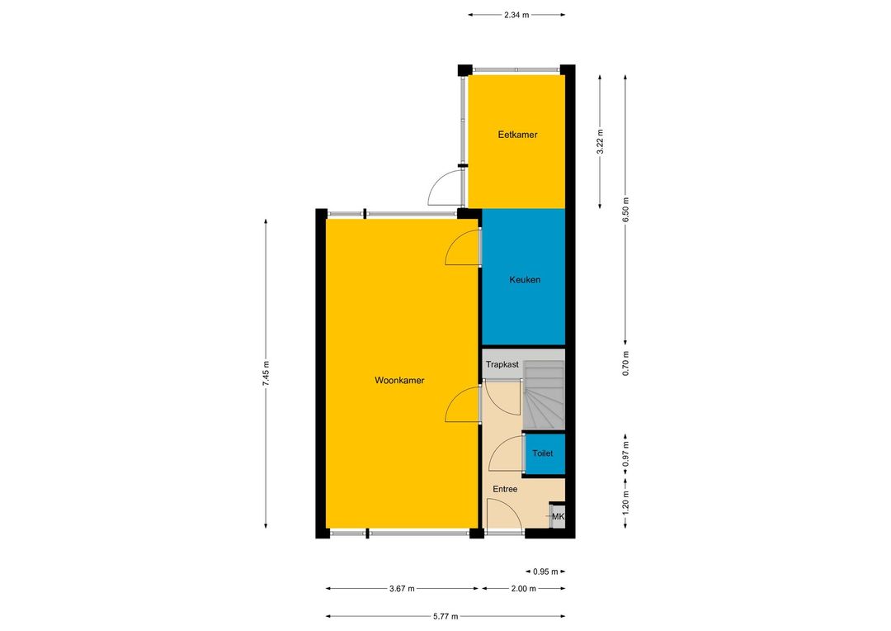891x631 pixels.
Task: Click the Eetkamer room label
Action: [x=517, y=135]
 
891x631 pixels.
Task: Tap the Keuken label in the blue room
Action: [x=525, y=280]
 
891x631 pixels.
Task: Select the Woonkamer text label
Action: [x=399, y=381]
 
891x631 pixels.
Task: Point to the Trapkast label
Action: [x=502, y=365]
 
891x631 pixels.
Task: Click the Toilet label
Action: [x=542, y=453]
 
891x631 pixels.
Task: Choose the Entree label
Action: [x=505, y=489]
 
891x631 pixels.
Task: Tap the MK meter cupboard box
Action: [x=558, y=515]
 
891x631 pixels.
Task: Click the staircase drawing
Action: [x=544, y=396]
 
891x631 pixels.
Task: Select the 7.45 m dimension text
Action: [x=266, y=374]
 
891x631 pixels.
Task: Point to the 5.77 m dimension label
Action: [x=445, y=616]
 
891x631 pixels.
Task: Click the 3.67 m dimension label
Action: [x=402, y=589]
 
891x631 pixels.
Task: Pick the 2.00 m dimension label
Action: [x=523, y=589]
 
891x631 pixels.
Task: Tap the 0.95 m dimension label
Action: [x=545, y=572]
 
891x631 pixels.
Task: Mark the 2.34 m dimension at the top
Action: [x=516, y=16]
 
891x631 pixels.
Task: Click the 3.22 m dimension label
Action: [x=600, y=142]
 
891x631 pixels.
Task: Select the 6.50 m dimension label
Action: [x=625, y=210]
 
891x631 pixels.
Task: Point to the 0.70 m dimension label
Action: [x=625, y=363]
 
